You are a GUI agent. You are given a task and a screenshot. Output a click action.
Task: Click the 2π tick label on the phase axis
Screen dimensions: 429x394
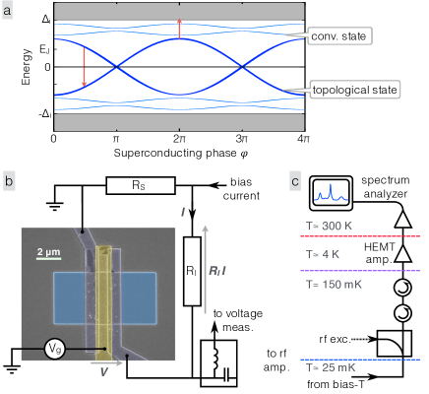point(179,139)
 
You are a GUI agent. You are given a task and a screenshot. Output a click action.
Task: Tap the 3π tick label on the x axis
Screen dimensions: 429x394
point(242,139)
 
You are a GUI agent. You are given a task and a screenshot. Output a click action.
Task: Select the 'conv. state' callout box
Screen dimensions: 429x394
point(338,36)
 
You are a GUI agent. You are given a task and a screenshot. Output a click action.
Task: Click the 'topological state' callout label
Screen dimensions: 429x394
point(354,90)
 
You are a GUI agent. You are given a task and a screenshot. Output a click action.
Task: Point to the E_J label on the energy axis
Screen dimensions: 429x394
point(44,49)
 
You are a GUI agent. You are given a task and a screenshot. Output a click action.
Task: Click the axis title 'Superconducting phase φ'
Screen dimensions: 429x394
point(181,153)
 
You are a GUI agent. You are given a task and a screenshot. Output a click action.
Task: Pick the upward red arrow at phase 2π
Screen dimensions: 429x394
point(179,29)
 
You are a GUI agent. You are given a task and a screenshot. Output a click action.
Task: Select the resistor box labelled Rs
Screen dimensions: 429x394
point(141,185)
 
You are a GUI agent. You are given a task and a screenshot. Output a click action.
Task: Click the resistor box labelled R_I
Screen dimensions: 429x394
point(192,272)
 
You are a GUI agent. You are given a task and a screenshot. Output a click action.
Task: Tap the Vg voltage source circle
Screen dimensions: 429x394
point(54,349)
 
